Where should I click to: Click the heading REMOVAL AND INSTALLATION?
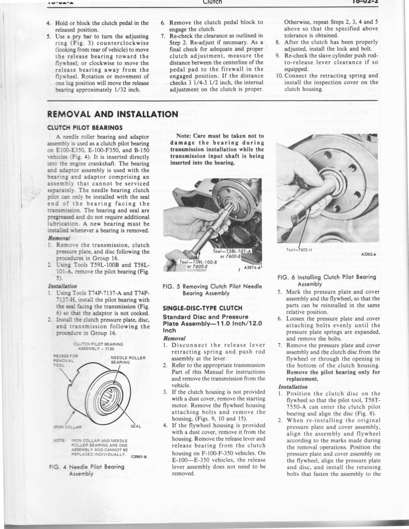point(112,114)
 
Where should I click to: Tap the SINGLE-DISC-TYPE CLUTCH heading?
point(202,308)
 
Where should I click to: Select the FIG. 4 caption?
point(86,470)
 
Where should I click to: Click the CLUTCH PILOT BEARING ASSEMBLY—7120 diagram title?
point(98,346)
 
